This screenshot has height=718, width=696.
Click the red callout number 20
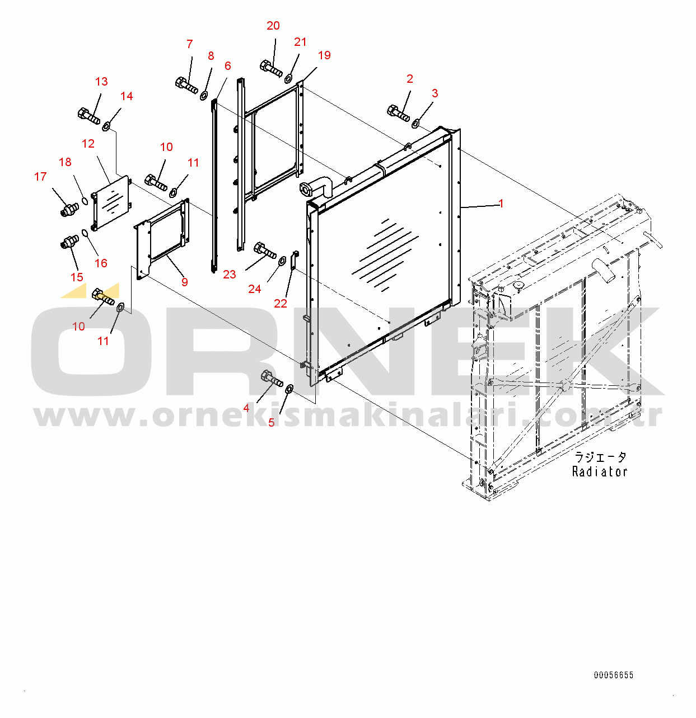273,26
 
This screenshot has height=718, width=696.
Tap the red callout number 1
501,204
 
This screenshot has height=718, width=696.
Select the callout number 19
324,55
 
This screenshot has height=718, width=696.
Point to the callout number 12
88,144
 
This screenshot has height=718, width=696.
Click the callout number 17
41,177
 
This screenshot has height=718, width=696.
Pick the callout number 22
281,303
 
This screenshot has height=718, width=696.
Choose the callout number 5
272,423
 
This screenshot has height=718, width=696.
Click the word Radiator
600,471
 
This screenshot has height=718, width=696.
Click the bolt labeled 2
398,114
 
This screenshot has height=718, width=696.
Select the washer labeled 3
415,123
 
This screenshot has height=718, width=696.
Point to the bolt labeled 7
186,86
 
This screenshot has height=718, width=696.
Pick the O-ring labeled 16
85,234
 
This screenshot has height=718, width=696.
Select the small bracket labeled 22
295,261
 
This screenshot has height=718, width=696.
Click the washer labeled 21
288,79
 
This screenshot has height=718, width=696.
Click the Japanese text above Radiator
600,457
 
